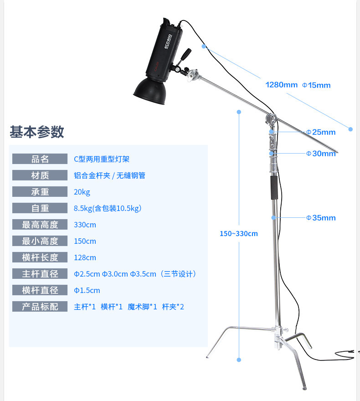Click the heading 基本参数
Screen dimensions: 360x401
(x=37, y=132)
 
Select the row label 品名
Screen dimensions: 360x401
(x=40, y=159)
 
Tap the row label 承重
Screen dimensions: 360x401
(x=40, y=192)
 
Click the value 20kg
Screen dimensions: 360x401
(x=82, y=192)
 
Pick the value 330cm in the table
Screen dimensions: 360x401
(x=85, y=225)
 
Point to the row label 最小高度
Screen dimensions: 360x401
(x=40, y=241)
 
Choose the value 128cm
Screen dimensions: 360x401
(x=85, y=257)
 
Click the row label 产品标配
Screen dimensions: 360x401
(x=40, y=307)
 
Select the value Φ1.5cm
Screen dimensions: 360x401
(x=87, y=290)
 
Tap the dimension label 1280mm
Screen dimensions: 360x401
(x=281, y=85)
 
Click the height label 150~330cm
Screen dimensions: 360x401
(x=239, y=234)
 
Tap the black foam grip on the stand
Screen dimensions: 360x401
(x=274, y=187)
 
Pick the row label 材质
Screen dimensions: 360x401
(x=40, y=175)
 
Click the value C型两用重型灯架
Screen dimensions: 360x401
(x=102, y=159)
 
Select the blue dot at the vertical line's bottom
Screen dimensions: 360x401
(x=238, y=360)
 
